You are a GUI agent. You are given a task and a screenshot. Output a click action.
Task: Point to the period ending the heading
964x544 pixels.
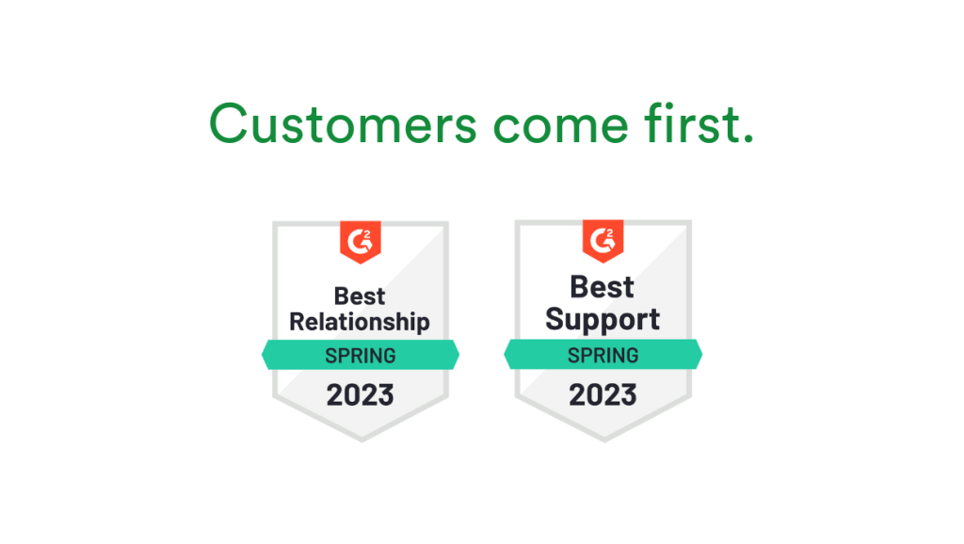coord(747,139)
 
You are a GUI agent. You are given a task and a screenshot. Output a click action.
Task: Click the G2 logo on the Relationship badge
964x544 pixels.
coord(360,241)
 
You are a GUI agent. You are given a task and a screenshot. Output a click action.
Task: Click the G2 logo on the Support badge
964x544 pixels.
coord(602,240)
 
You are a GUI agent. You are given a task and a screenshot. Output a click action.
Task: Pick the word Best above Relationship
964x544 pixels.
coord(360,295)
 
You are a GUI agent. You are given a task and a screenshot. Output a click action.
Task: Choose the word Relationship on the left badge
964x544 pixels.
coord(360,322)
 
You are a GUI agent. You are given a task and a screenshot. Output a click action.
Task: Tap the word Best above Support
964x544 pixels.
coord(602,286)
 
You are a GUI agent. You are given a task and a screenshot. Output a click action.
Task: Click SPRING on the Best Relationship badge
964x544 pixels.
coord(360,356)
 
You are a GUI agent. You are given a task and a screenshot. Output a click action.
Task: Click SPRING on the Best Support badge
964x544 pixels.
coord(602,355)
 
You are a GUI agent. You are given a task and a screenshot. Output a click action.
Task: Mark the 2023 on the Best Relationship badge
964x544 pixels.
coord(360,394)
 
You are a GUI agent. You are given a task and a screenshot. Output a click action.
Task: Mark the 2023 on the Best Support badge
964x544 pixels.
coord(602,394)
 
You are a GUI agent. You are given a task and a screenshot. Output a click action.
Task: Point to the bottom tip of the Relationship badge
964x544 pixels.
coord(361,440)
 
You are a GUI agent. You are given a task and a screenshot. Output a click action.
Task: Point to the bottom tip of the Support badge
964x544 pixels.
coord(603,440)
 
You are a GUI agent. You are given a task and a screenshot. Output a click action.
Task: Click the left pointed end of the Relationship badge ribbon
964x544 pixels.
coord(265,356)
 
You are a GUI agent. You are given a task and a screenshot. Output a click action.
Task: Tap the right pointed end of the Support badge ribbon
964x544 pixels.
coord(699,355)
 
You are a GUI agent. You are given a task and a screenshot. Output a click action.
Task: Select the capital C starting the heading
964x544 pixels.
coord(229,123)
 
